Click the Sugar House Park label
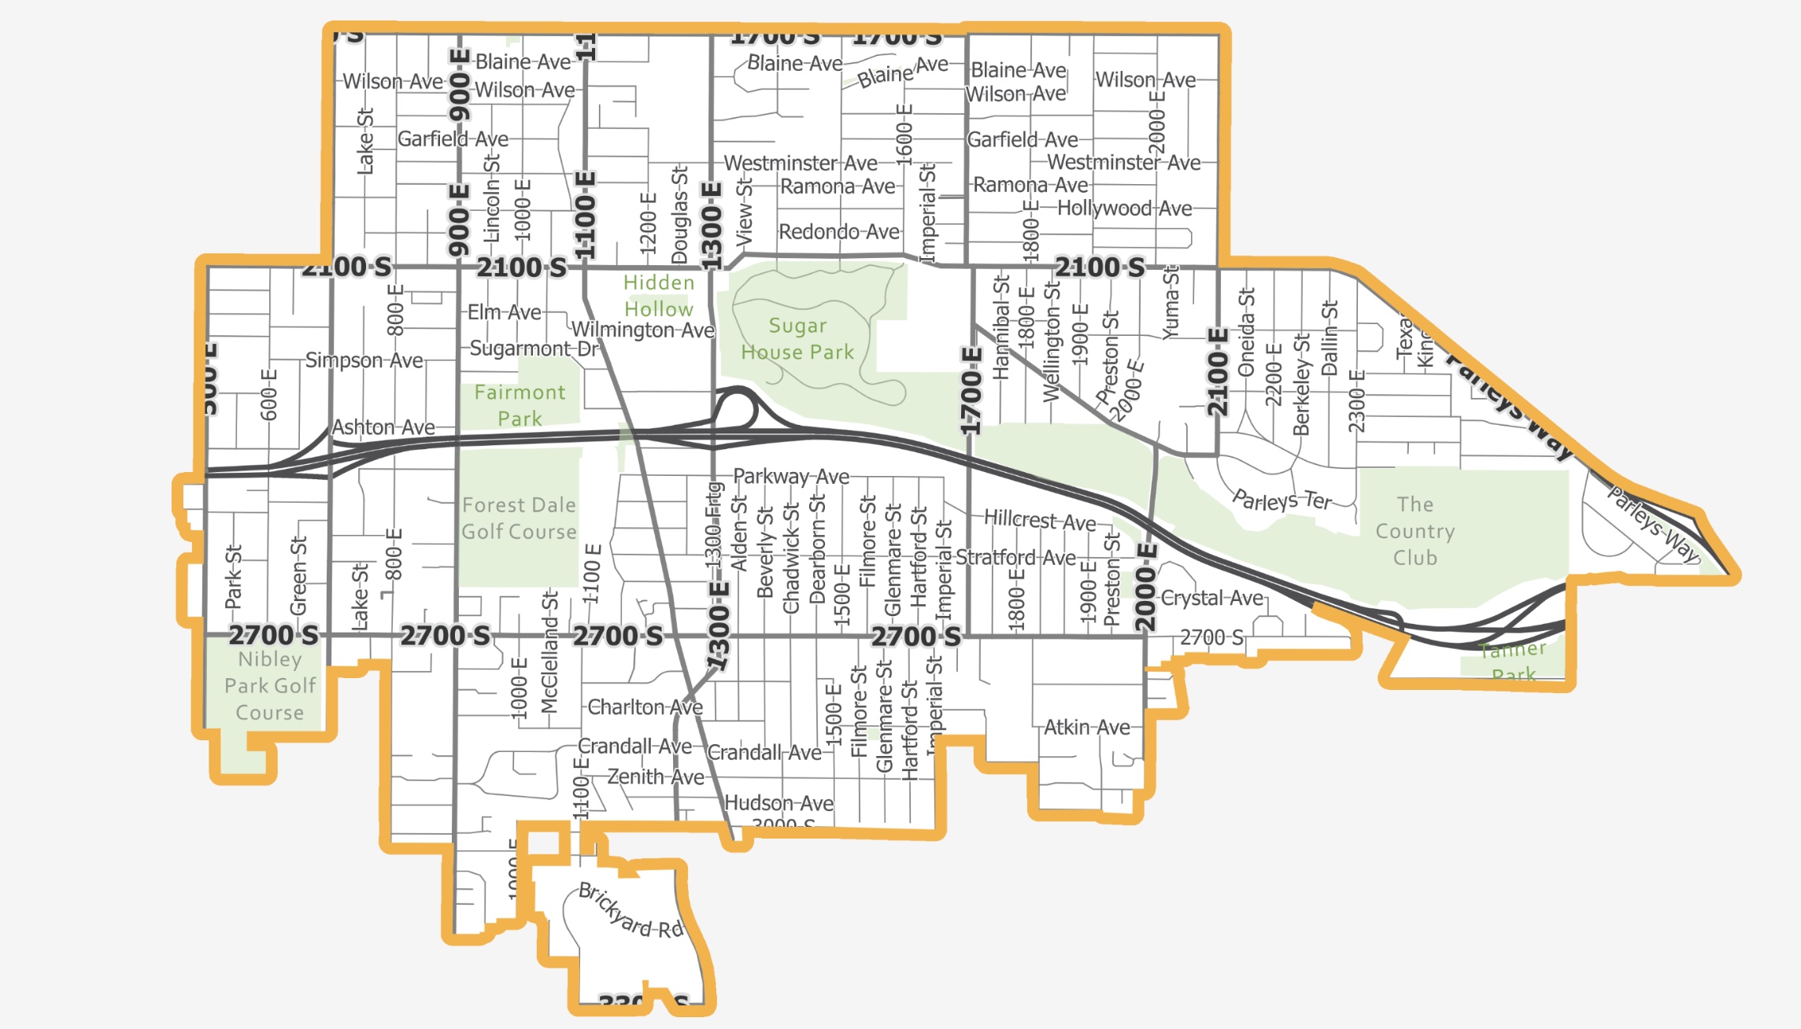click(x=797, y=339)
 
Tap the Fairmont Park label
click(x=520, y=405)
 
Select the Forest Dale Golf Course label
click(x=519, y=518)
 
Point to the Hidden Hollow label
click(x=659, y=296)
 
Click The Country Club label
click(x=1415, y=531)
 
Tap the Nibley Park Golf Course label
click(x=270, y=685)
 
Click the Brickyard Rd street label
click(x=630, y=911)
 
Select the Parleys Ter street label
click(x=1281, y=500)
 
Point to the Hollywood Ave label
click(x=1123, y=208)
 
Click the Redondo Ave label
click(x=838, y=232)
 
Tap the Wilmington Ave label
click(x=642, y=330)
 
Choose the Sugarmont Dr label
click(x=534, y=349)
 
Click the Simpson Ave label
click(x=364, y=360)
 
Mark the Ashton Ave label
click(x=383, y=427)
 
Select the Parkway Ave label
click(x=790, y=477)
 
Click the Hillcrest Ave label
click(x=1039, y=520)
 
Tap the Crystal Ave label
click(x=1211, y=598)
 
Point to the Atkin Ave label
click(x=1086, y=728)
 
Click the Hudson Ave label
click(x=778, y=803)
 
